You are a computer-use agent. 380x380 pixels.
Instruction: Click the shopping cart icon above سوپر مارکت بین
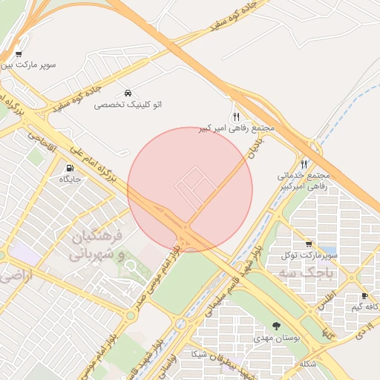18,54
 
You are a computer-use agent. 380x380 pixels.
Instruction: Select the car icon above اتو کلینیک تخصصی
128,94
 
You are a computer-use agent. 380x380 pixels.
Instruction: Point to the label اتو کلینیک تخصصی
128,105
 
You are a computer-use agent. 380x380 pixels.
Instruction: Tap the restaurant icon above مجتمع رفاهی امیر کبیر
236,117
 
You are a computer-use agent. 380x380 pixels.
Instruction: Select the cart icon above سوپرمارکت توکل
308,244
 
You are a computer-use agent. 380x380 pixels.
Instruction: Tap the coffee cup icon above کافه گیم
364,296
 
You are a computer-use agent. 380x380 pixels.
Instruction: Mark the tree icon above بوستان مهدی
276,327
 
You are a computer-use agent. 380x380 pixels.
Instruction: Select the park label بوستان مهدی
276,338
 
